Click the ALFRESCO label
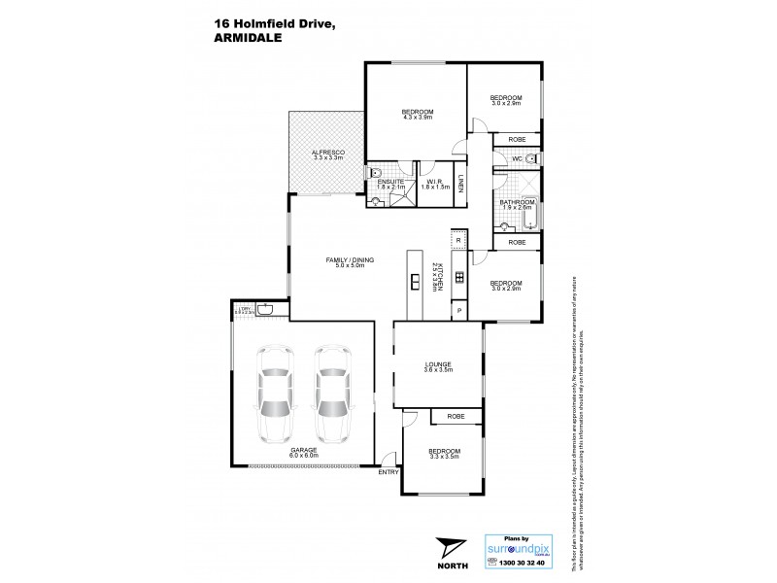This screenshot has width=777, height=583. [x=322, y=154]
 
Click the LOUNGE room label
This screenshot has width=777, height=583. [x=438, y=365]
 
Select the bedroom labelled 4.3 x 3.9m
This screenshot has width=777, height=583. [x=418, y=112]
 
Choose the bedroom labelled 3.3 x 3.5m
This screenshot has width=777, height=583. [x=444, y=453]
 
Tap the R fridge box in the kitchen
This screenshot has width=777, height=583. [x=457, y=239]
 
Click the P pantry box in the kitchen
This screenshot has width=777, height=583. [x=457, y=310]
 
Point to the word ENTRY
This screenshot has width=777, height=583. [x=388, y=472]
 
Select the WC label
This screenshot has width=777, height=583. [x=518, y=157]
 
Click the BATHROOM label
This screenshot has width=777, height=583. [x=518, y=202]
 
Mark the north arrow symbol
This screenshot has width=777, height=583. [x=449, y=550]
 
